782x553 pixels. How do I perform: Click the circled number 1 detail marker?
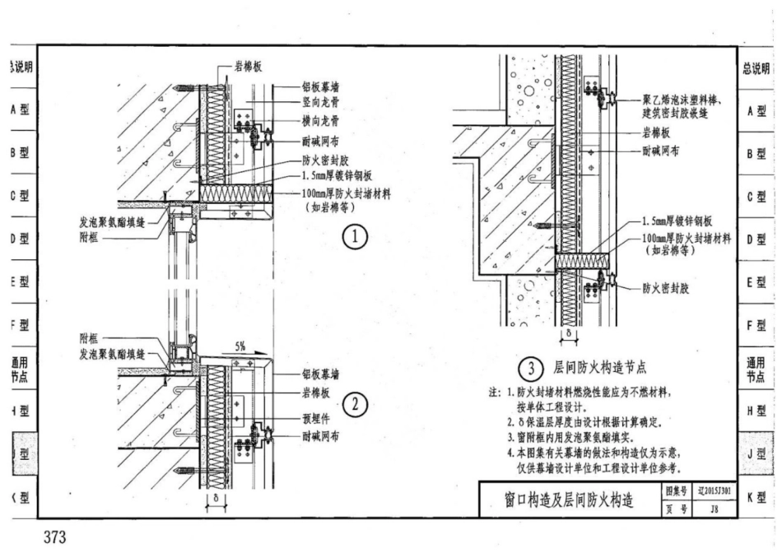coord(354,238)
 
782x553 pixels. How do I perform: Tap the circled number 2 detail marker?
coord(354,405)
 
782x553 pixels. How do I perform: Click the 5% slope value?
coord(240,346)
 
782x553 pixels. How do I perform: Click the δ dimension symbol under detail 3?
coord(571,335)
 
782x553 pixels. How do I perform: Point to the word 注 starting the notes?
coord(493,393)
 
